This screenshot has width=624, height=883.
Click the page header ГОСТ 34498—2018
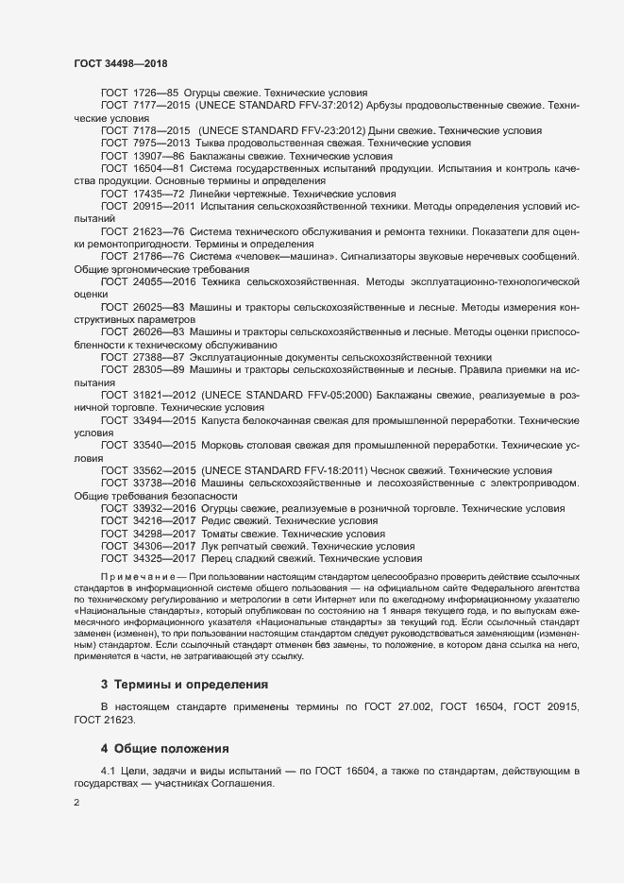(x=122, y=62)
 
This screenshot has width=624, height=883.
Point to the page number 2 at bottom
(x=76, y=804)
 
